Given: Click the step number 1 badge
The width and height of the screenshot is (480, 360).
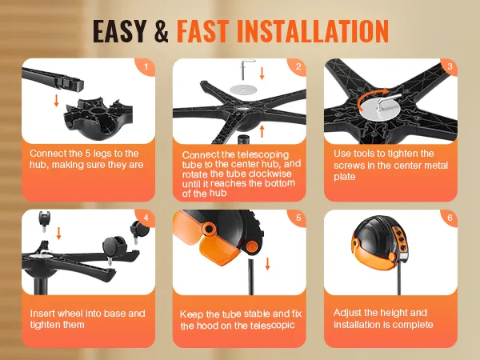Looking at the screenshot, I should pyautogui.click(x=145, y=66).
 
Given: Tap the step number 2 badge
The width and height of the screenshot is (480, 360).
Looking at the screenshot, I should pyautogui.click(x=298, y=66).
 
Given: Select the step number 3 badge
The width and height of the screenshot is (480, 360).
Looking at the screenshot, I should pyautogui.click(x=450, y=66).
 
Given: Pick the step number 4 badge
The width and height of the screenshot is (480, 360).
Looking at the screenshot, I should pyautogui.click(x=145, y=218).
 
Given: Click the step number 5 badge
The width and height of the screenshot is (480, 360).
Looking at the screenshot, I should pyautogui.click(x=298, y=218).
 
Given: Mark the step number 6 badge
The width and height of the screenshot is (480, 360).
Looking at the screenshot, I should pyautogui.click(x=450, y=218).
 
